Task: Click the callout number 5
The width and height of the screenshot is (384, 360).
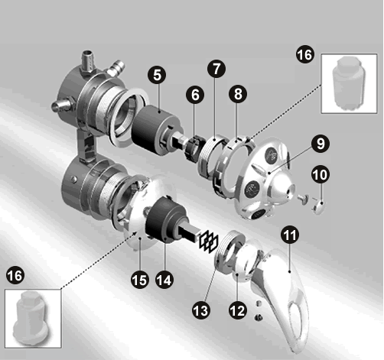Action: [x=158, y=75]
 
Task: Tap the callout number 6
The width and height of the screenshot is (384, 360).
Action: [x=195, y=95]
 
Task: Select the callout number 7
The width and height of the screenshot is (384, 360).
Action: [x=216, y=69]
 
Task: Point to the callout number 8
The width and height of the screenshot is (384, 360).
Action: [x=238, y=94]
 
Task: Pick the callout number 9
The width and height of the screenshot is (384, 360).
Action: [x=321, y=144]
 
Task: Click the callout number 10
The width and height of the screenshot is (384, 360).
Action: [x=321, y=175]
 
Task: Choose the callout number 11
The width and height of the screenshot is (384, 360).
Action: [x=290, y=235]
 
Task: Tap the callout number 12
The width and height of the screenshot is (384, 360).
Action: [x=238, y=310]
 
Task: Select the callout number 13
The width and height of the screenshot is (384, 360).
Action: [x=201, y=310]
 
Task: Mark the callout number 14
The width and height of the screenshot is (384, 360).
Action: [x=164, y=280]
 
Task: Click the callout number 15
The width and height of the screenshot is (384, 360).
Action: [x=140, y=280]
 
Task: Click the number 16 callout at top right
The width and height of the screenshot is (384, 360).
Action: [x=305, y=54]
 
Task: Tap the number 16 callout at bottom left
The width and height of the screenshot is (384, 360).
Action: [x=15, y=275]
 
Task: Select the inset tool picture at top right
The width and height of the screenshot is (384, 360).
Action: [x=349, y=83]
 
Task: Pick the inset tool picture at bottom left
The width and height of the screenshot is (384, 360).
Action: [x=33, y=319]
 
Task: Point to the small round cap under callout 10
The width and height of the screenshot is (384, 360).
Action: [x=319, y=206]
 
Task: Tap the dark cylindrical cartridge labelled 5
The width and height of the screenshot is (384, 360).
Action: [x=156, y=130]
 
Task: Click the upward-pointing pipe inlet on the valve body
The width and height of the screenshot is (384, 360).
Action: [x=88, y=62]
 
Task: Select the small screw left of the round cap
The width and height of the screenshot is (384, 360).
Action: [x=304, y=199]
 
